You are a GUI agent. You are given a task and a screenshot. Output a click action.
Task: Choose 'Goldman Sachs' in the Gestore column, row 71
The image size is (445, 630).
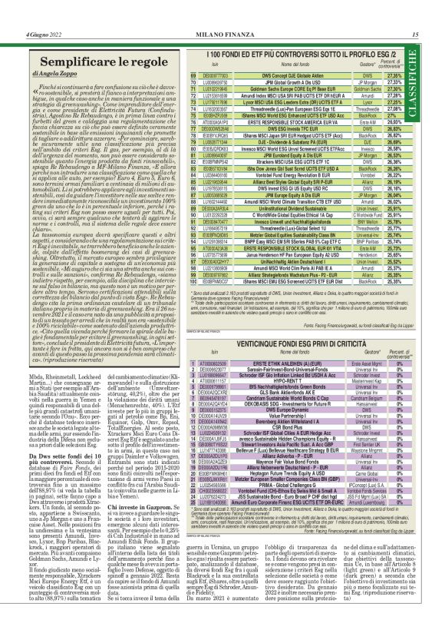363,89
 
